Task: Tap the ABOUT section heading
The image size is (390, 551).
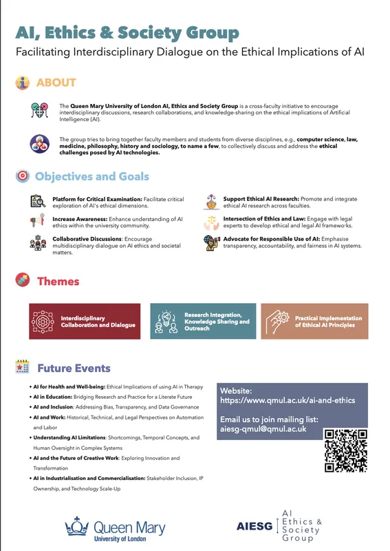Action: point(56,83)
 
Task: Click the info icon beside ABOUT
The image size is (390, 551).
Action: point(23,83)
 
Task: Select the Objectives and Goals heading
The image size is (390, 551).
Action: point(91,176)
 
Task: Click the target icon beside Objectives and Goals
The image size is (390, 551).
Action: point(22,176)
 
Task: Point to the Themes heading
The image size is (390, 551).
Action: point(58,281)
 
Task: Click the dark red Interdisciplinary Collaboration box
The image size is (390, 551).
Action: point(83,321)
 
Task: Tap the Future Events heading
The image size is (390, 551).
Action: point(74,368)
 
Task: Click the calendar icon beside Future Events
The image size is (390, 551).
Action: point(21,368)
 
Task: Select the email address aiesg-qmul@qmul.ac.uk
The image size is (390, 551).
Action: point(262,428)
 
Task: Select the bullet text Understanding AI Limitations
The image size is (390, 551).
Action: point(73,437)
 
